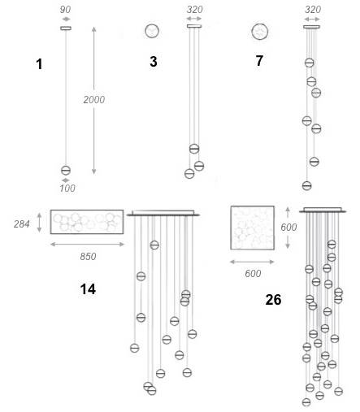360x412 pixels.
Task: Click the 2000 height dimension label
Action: [x=94, y=100]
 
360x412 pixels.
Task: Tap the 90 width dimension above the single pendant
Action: [x=65, y=10]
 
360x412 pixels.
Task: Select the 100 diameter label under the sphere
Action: [x=67, y=188]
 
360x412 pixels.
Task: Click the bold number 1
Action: [x=39, y=64]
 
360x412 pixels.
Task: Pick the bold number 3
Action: [x=154, y=62]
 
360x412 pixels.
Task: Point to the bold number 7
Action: [x=259, y=61]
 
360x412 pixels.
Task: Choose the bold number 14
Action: [x=88, y=289]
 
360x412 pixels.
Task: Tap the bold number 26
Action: [x=273, y=300]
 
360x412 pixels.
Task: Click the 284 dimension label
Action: [x=22, y=224]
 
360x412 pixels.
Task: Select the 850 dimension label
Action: [x=88, y=256]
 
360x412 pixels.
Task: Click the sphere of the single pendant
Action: [x=66, y=171]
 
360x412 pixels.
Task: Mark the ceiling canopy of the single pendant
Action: [x=66, y=28]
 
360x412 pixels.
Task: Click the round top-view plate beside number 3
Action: [x=152, y=31]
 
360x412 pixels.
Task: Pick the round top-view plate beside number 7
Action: [x=260, y=32]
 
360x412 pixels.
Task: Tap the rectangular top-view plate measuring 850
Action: [x=87, y=222]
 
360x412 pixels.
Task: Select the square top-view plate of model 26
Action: [x=253, y=228]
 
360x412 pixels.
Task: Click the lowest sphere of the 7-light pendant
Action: [x=306, y=185]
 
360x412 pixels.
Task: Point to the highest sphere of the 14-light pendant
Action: [x=154, y=245]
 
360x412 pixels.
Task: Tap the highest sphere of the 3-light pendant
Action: [x=194, y=149]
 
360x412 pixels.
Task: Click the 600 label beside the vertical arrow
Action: [x=288, y=227]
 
